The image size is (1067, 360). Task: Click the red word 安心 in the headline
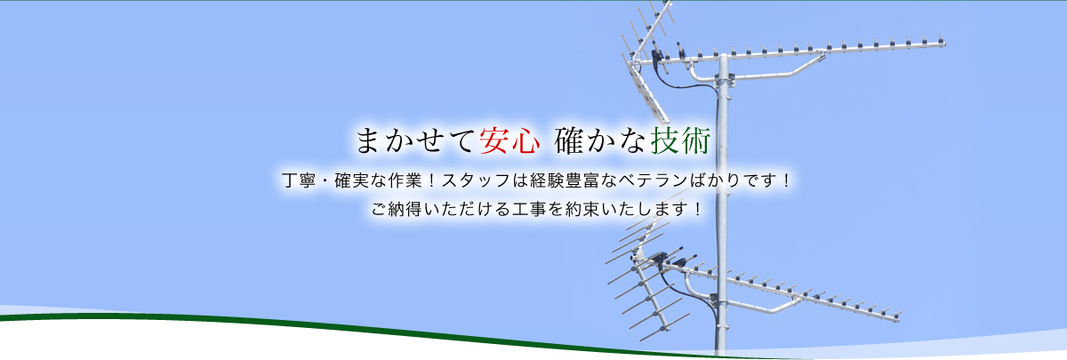click(509, 141)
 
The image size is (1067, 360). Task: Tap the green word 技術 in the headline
click(681, 141)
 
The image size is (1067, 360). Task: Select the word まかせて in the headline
click(415, 141)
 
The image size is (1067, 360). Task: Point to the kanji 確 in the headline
click(569, 141)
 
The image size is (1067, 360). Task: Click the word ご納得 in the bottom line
click(397, 209)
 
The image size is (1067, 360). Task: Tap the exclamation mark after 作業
click(431, 181)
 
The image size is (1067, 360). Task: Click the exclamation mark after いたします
click(698, 209)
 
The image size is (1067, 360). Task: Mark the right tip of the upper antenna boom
click(944, 44)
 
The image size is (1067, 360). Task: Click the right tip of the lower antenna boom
click(899, 316)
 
